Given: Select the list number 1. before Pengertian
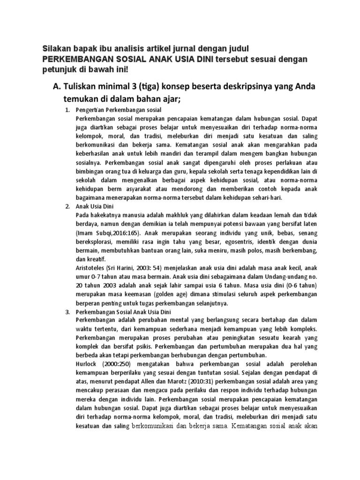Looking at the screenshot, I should (x=67, y=109).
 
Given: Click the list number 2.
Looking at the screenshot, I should (x=67, y=206).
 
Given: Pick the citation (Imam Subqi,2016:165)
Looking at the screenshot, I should (x=110, y=232).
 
